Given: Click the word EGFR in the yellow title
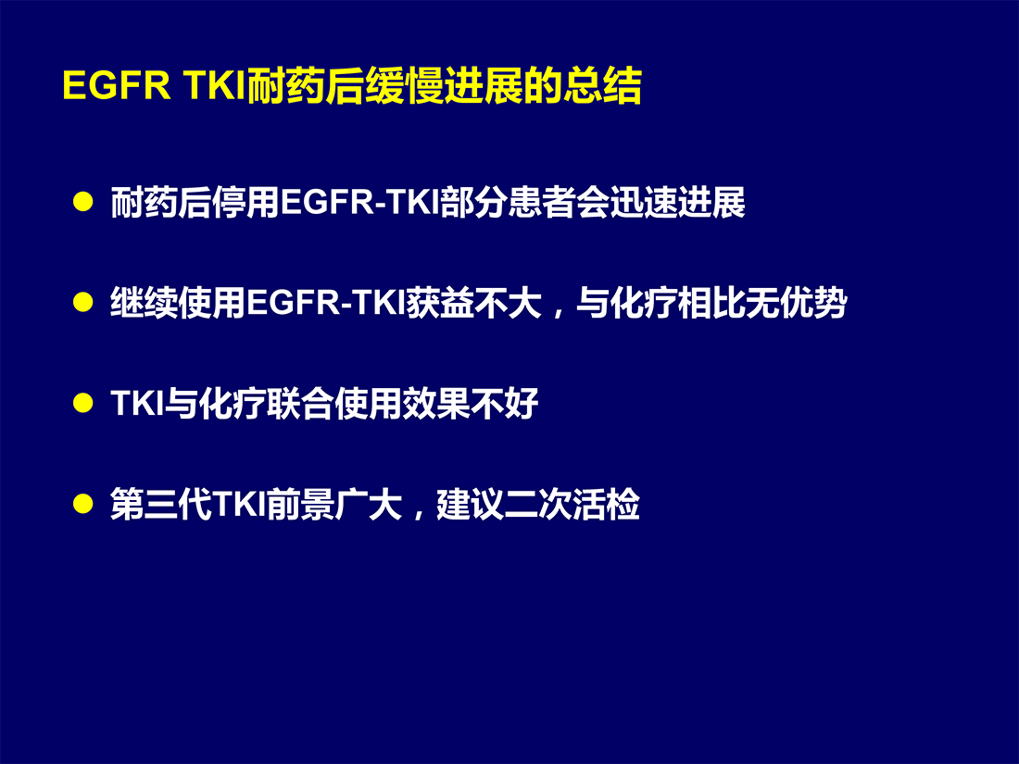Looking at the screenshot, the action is click(x=117, y=85).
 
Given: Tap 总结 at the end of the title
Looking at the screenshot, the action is click(x=602, y=85).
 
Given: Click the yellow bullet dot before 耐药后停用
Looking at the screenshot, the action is click(x=83, y=202).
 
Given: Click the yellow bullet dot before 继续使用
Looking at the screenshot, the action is click(x=83, y=303).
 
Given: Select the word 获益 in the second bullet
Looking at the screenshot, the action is click(x=440, y=303).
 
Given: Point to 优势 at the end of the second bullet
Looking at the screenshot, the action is click(x=813, y=303).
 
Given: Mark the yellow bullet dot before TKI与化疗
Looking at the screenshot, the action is click(x=83, y=403).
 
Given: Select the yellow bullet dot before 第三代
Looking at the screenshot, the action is click(x=83, y=504).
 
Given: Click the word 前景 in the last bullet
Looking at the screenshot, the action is click(x=300, y=504).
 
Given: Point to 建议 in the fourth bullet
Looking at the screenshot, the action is click(x=470, y=504).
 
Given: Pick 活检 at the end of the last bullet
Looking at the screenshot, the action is click(x=607, y=504).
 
